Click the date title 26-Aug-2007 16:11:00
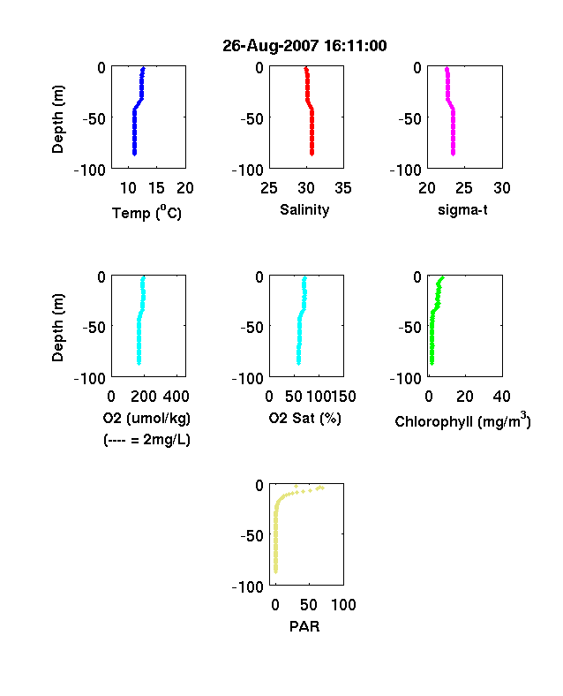point(304,46)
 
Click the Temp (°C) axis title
point(146,213)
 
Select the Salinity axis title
point(304,209)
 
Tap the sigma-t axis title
point(462,209)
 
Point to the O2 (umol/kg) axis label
point(146,418)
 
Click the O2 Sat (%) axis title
point(305,418)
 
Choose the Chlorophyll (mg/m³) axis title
point(462,420)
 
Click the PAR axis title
point(304,626)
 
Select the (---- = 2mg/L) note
point(146,440)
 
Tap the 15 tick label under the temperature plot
point(156,188)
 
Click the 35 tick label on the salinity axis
point(343,188)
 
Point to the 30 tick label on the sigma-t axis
point(502,188)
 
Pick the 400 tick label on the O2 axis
point(176,397)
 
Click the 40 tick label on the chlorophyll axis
point(501,397)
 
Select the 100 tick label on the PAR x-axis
point(343,605)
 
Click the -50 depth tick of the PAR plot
point(251,536)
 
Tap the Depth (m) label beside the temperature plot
point(57,119)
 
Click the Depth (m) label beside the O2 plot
point(57,328)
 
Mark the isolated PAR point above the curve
point(297,486)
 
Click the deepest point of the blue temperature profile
point(134,154)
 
